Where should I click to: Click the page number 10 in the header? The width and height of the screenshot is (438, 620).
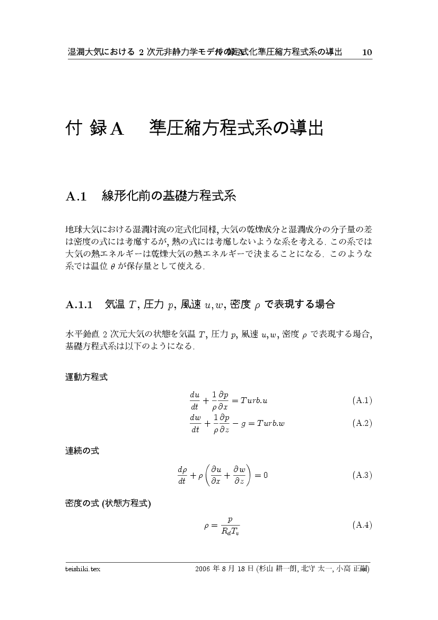click(367, 52)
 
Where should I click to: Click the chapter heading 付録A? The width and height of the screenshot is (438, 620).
click(94, 128)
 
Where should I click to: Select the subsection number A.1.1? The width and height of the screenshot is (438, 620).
click(79, 304)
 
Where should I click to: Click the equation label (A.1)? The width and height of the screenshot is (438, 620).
click(362, 400)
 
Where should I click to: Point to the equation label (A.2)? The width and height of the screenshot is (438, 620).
click(362, 423)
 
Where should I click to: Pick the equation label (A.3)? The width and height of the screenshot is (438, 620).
click(362, 475)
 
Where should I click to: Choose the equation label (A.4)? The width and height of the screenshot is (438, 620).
click(362, 525)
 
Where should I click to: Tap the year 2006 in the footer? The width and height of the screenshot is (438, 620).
click(203, 569)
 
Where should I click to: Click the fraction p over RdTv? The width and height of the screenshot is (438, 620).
click(230, 526)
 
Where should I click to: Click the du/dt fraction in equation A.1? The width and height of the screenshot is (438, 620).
click(195, 400)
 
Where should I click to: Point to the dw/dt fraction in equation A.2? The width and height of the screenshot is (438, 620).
click(195, 424)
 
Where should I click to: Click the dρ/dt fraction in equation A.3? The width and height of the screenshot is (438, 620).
click(182, 475)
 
